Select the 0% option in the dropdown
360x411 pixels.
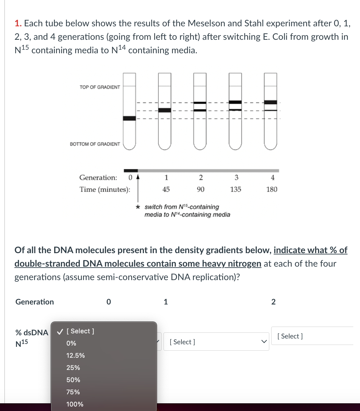(x=71, y=343)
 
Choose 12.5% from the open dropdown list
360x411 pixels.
(x=75, y=355)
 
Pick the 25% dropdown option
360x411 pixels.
(x=73, y=368)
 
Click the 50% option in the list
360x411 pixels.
(x=73, y=380)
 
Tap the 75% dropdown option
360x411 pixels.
(x=73, y=392)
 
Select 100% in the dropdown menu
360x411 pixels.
(x=75, y=404)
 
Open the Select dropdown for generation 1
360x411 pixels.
(x=216, y=342)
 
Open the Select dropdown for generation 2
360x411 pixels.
(x=312, y=336)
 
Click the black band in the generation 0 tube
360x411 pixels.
(x=130, y=118)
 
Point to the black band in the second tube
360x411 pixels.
(x=165, y=110)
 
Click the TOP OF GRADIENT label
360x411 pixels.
(x=100, y=87)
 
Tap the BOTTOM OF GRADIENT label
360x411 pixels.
(x=95, y=144)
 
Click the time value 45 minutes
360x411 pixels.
(x=166, y=189)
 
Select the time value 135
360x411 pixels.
(x=236, y=189)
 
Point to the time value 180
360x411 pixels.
(x=272, y=189)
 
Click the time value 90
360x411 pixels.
(x=200, y=189)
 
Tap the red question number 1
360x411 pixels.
(x=18, y=23)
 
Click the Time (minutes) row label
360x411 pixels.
(x=105, y=189)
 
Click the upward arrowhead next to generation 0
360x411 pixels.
(x=138, y=176)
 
